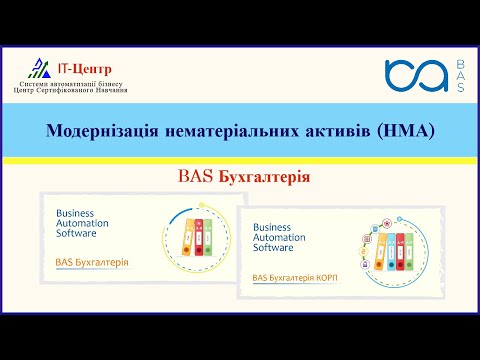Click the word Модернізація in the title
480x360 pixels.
[98, 130]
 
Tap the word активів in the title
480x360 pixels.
[322, 130]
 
